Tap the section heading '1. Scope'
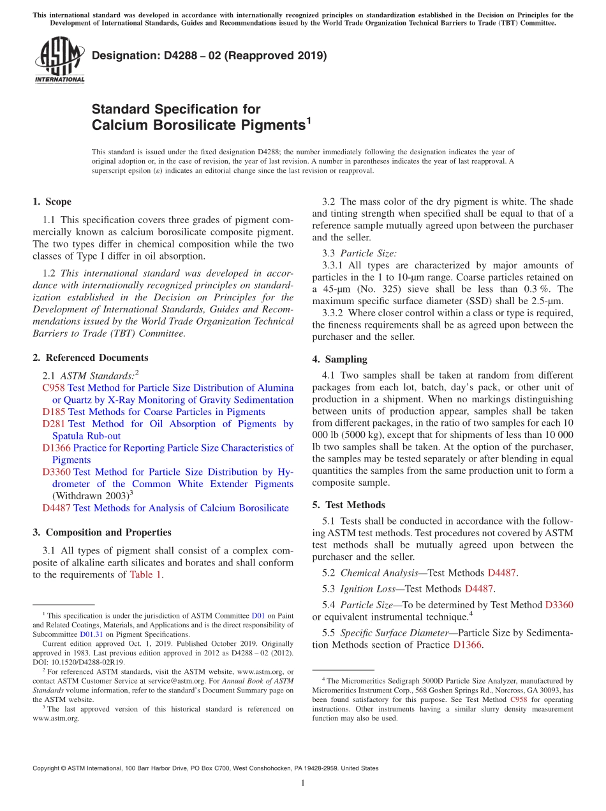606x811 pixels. (x=52, y=202)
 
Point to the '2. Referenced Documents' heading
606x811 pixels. (x=91, y=358)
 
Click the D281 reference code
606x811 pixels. (x=54, y=424)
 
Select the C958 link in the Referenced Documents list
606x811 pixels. (x=54, y=388)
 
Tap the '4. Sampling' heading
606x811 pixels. (x=339, y=359)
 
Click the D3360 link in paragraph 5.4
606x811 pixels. (x=559, y=604)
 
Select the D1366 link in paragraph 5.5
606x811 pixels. (x=468, y=645)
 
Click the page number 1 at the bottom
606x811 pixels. (x=303, y=784)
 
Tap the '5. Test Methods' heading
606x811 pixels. (x=348, y=505)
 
